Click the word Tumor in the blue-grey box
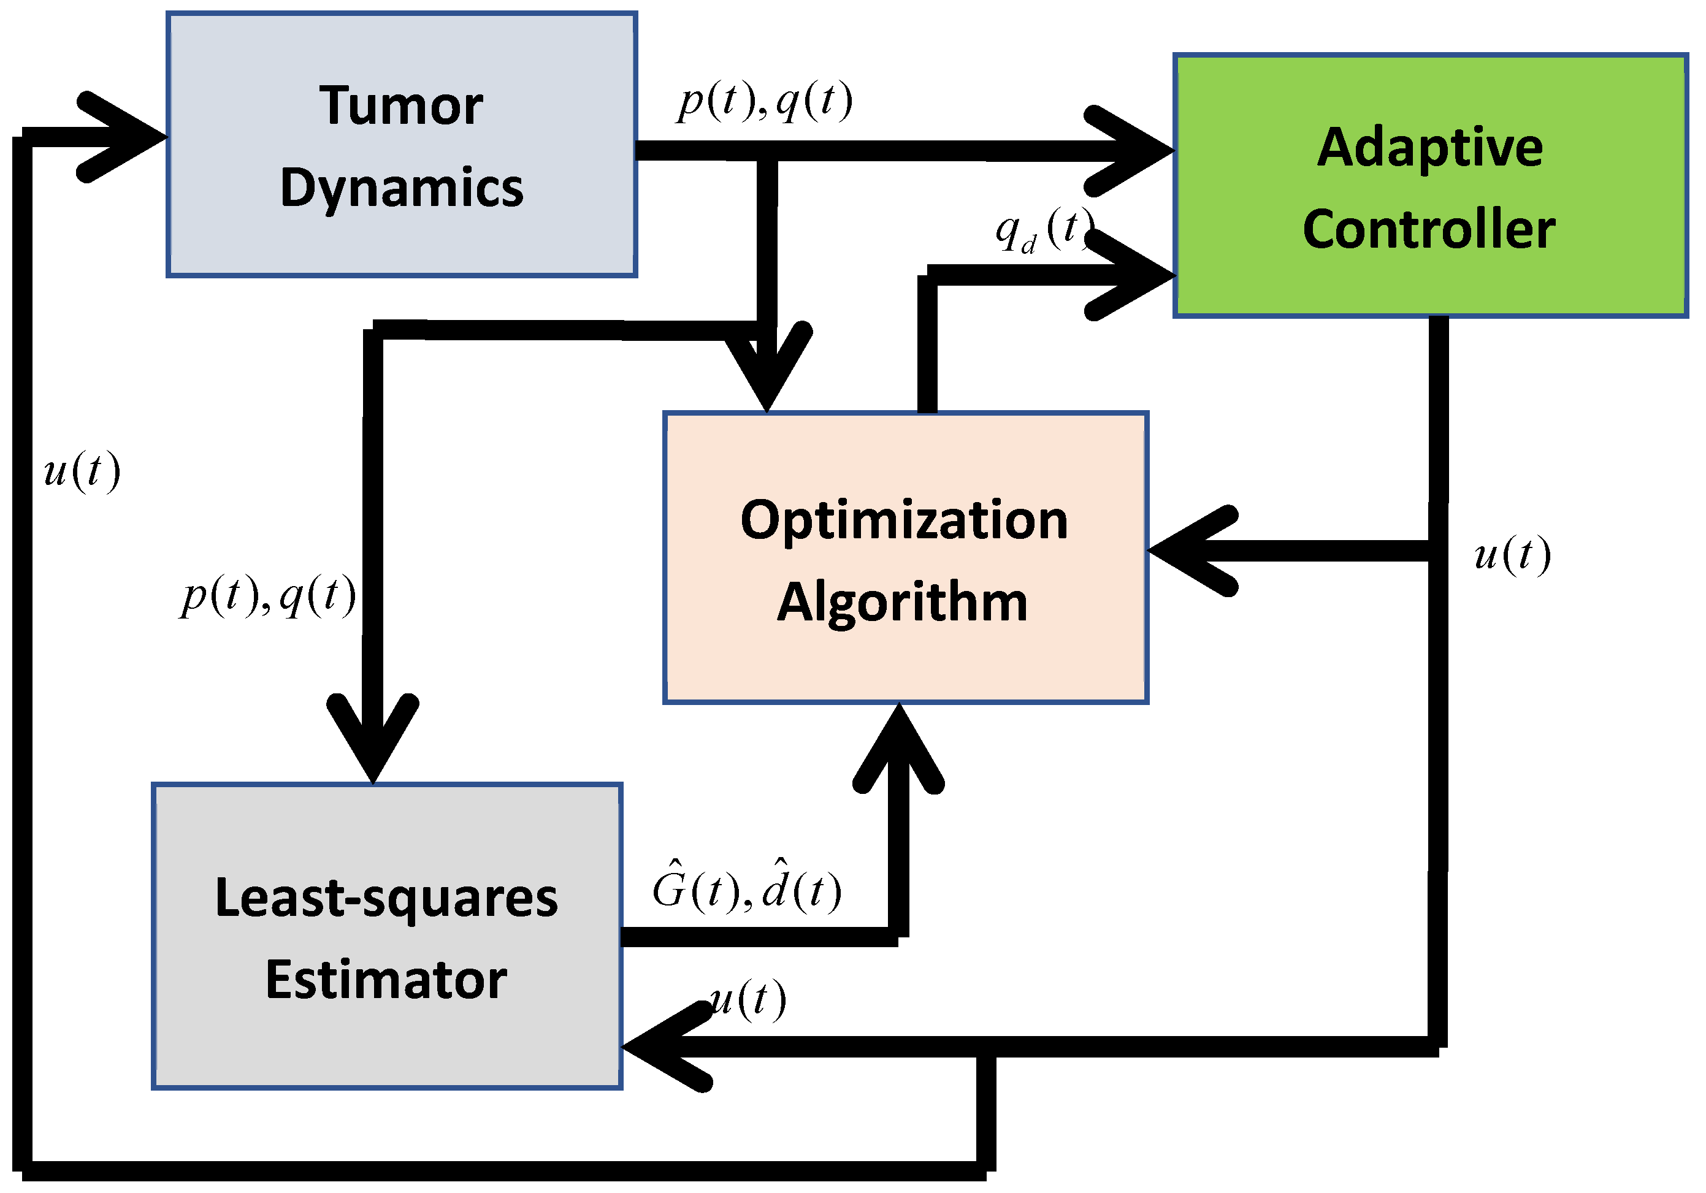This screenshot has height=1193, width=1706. tap(401, 106)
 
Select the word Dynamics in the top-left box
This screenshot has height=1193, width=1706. tap(401, 188)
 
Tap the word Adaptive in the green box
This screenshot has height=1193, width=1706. tap(1429, 148)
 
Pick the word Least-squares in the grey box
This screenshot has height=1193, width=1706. tap(386, 898)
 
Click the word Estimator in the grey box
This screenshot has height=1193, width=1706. tap(386, 980)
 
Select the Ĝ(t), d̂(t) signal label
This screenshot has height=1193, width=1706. tap(746, 885)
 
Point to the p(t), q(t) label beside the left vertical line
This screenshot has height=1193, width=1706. tap(268, 595)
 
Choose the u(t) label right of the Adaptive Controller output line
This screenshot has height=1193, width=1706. tap(1513, 554)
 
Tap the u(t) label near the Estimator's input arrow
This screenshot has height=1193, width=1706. tap(747, 999)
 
